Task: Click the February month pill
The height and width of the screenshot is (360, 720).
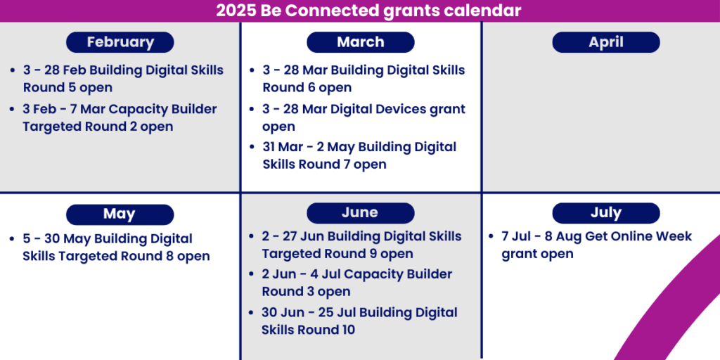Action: click(120, 42)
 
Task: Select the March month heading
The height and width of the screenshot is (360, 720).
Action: click(361, 42)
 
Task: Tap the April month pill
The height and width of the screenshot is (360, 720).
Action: click(606, 42)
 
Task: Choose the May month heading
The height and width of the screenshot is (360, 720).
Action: click(120, 214)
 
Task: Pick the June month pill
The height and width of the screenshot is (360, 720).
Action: click(361, 212)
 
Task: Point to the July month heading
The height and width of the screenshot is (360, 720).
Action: click(606, 213)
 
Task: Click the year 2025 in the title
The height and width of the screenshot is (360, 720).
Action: click(236, 11)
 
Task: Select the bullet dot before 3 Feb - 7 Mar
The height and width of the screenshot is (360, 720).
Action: click(13, 110)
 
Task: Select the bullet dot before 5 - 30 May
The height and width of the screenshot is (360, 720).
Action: click(13, 239)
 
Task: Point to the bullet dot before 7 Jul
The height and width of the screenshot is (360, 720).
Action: click(491, 237)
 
